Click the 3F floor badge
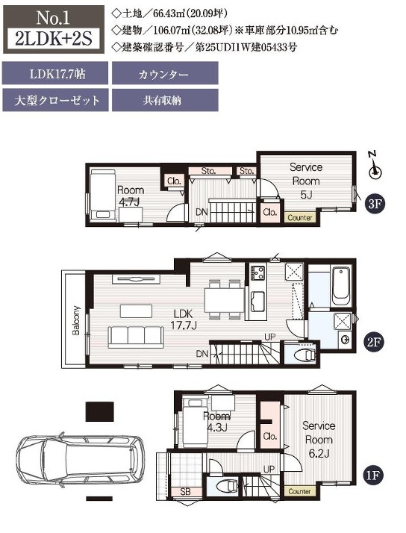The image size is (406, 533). (375, 204)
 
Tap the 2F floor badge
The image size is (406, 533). (373, 341)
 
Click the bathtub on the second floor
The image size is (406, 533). (341, 286)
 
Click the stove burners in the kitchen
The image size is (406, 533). (258, 273)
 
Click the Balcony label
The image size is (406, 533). (76, 320)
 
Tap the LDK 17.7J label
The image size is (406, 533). (184, 320)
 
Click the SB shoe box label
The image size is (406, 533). (186, 491)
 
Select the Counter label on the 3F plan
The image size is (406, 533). (300, 217)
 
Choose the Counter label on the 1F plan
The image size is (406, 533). (299, 491)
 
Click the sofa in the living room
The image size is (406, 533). (136, 337)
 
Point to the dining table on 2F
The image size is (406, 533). (224, 299)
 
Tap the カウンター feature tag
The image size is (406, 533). (165, 73)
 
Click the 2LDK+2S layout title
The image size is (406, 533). (54, 38)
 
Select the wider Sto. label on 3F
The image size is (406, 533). (210, 171)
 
